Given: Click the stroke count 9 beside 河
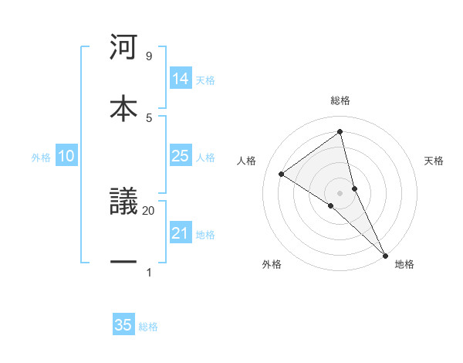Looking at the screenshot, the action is [148, 56].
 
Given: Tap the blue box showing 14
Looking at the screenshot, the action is [181, 79].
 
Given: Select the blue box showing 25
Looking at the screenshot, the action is [181, 156].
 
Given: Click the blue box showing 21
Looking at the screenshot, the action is [181, 233].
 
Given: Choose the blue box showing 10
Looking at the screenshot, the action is [66, 156].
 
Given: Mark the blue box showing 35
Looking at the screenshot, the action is [123, 325].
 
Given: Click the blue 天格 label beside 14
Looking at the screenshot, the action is [205, 80].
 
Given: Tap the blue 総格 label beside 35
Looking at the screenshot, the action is [148, 327].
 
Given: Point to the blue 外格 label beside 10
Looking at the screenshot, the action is [41, 158].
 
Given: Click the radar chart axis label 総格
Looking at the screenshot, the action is [340, 101].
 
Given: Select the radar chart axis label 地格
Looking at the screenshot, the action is [404, 264].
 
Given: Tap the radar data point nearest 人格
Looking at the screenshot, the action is [282, 174].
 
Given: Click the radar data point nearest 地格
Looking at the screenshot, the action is [385, 255].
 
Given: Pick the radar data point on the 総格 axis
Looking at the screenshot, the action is [340, 132].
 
